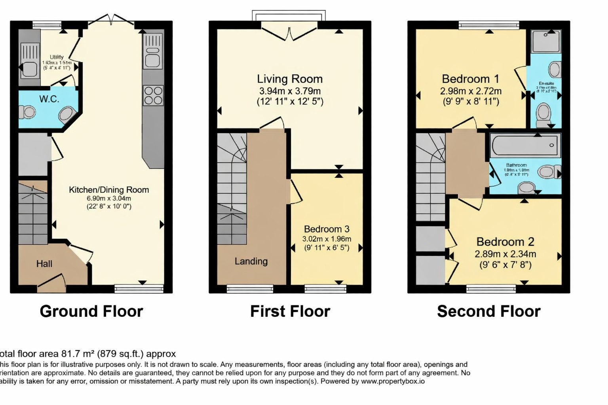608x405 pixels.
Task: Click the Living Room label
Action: coord(290,79)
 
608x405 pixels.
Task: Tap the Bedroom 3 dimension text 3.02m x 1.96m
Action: coord(327,239)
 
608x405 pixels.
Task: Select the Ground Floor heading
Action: coord(91,311)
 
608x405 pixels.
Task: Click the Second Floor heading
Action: coord(488,311)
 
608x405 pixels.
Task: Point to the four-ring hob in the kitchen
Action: coord(153,95)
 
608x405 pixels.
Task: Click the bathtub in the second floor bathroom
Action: coord(526,145)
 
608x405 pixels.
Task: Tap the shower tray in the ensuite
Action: coord(546,41)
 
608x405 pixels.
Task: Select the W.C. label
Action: coord(49,99)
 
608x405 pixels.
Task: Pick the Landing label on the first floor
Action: coord(251,261)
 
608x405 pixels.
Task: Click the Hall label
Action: coord(44,264)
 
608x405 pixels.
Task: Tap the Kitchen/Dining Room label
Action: coord(109,190)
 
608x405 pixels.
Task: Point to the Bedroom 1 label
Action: coord(470,79)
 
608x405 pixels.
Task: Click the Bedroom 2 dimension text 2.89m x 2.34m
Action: coord(505,254)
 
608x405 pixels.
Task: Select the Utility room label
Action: coord(57,57)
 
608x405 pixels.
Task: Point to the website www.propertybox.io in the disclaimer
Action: coord(392,381)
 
